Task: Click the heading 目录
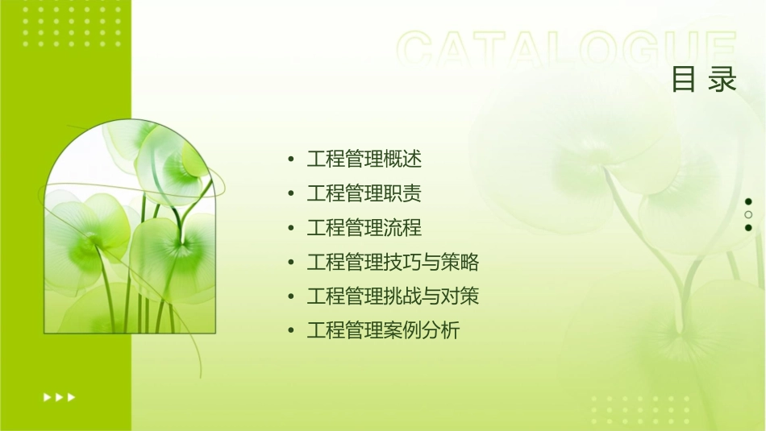point(704,80)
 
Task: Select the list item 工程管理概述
point(364,159)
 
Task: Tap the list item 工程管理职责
point(364,193)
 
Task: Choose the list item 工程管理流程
point(364,228)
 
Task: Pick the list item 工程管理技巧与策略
point(393,262)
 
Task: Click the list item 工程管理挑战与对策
point(393,296)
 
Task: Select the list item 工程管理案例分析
point(383,330)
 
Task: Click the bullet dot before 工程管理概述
point(290,160)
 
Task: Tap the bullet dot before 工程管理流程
point(290,228)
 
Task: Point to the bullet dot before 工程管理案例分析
point(290,331)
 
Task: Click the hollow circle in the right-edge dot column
point(748,214)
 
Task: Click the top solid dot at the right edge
point(748,201)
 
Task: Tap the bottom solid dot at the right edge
point(748,227)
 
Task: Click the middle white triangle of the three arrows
point(60,396)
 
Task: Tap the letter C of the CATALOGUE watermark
point(418,50)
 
